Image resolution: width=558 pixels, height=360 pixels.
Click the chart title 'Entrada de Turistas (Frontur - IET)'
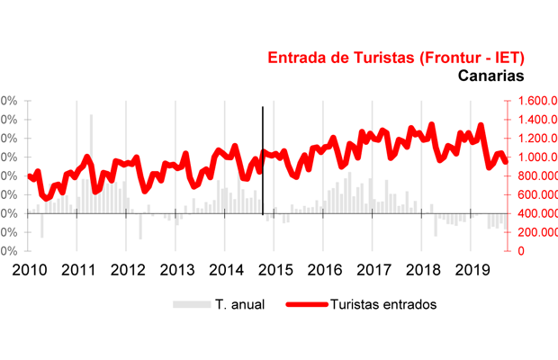point(396,58)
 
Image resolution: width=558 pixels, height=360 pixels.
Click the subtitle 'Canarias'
point(490,77)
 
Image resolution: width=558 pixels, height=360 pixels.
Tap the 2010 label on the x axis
point(30,270)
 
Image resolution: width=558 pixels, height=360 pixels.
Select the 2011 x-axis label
point(79,270)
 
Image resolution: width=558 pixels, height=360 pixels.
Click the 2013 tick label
point(177,270)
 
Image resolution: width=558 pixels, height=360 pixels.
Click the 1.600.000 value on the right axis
point(533,102)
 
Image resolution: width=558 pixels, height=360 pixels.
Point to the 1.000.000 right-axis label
point(533,157)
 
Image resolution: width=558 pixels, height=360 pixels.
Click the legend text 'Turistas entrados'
point(383,304)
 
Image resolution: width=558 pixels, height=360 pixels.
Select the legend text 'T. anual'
point(239,304)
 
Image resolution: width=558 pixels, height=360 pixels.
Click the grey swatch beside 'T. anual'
point(191,304)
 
